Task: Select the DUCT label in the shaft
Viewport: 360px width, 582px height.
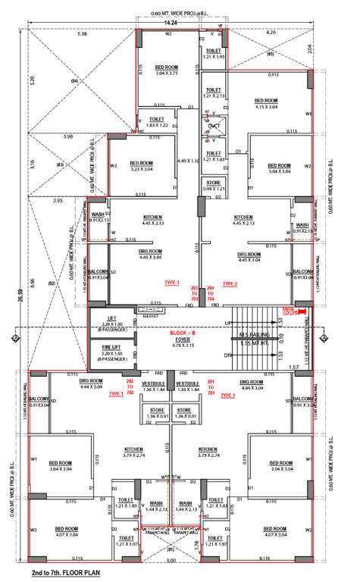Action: coord(213,125)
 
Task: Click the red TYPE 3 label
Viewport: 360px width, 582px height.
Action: coord(172,283)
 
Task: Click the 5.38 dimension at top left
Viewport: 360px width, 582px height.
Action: coord(83,34)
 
